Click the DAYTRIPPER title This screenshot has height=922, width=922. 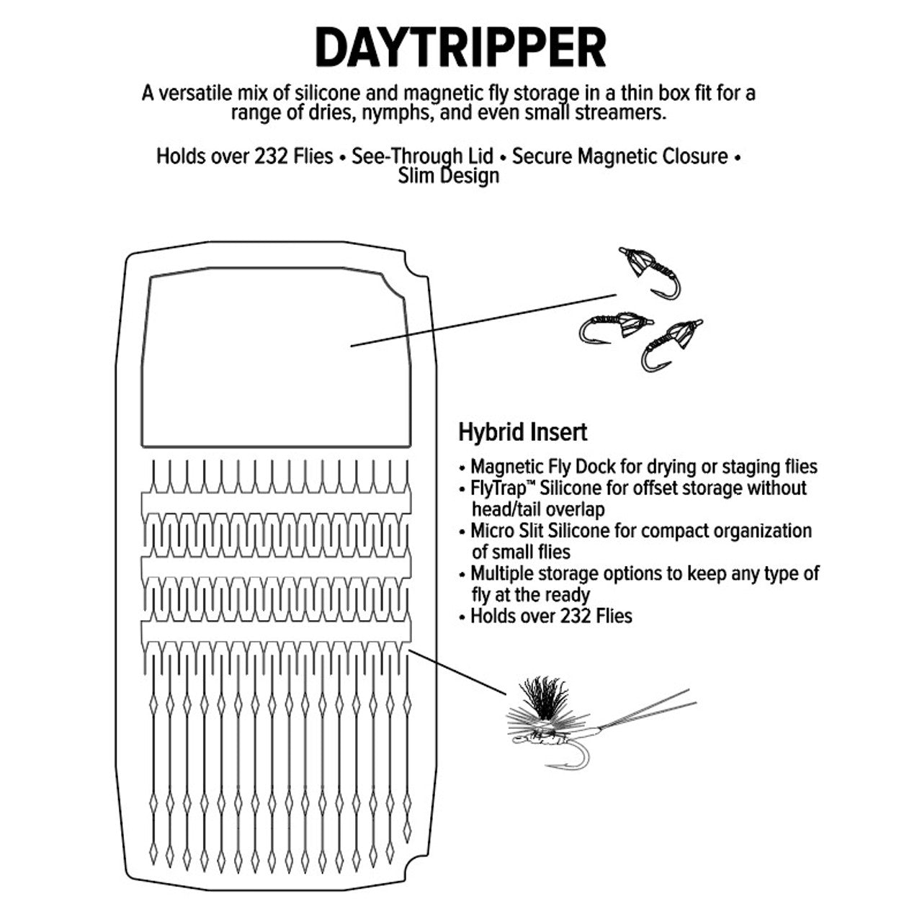pyautogui.click(x=460, y=48)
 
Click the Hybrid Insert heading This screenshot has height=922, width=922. pyautogui.click(x=522, y=432)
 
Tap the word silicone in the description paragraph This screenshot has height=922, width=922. pyautogui.click(x=327, y=93)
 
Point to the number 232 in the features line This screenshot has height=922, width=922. pyautogui.click(x=269, y=156)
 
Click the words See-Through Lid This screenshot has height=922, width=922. pyautogui.click(x=422, y=156)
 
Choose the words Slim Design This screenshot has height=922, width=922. pyautogui.click(x=448, y=176)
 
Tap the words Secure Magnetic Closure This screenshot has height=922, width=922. pyautogui.click(x=619, y=156)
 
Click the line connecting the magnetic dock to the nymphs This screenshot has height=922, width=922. pyautogui.click(x=483, y=320)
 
